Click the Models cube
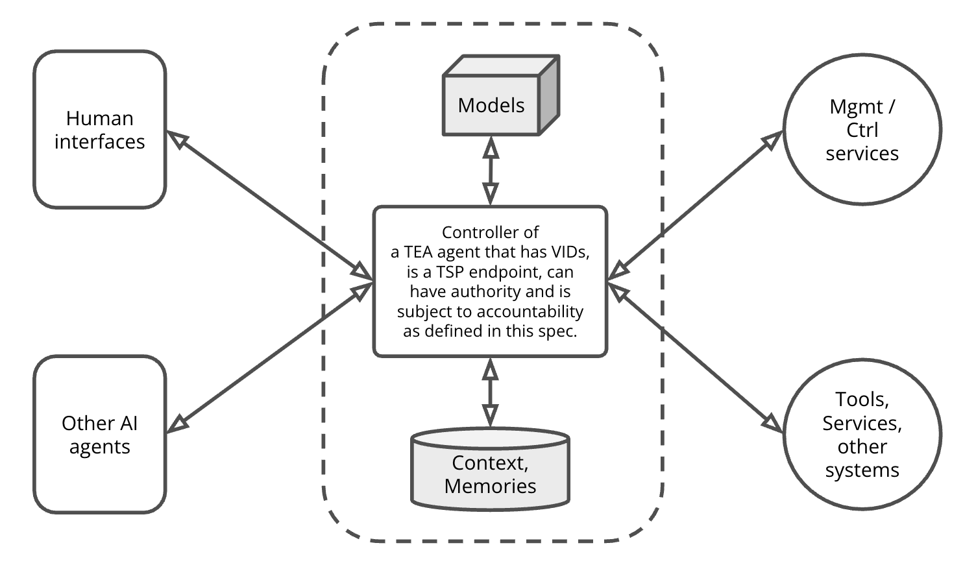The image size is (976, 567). (x=491, y=104)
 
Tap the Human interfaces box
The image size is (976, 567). (x=100, y=130)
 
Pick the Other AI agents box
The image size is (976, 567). (x=100, y=435)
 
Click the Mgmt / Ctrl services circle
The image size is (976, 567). (x=862, y=130)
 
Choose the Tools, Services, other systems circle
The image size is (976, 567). (x=862, y=434)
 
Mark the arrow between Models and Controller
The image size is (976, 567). (x=491, y=171)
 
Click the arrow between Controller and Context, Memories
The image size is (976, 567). (x=491, y=392)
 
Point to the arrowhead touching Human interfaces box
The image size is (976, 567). (x=178, y=139)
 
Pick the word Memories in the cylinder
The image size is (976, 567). (x=490, y=486)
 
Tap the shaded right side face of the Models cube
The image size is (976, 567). (x=549, y=96)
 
